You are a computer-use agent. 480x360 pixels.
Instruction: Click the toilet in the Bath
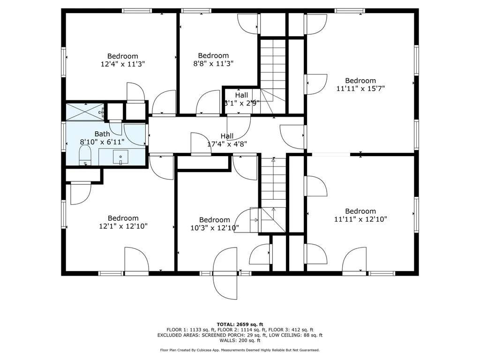click(x=85, y=155)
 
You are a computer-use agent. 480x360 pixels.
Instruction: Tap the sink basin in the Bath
click(x=120, y=157)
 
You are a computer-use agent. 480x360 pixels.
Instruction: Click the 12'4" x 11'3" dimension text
click(x=123, y=64)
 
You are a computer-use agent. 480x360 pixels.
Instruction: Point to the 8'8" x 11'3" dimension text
click(x=213, y=63)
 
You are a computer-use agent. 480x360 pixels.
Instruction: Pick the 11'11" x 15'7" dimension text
click(x=360, y=89)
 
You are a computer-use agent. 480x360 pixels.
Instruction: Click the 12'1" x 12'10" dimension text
click(x=123, y=226)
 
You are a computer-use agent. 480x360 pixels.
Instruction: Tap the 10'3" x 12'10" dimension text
click(x=215, y=228)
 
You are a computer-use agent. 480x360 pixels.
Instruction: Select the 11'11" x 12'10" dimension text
click(x=360, y=219)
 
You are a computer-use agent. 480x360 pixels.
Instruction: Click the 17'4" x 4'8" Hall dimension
click(x=227, y=144)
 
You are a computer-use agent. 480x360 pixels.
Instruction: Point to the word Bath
click(x=102, y=134)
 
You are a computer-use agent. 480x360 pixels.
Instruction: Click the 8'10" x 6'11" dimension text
click(x=102, y=142)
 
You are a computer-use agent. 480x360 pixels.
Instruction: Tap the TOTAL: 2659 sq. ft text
click(x=240, y=324)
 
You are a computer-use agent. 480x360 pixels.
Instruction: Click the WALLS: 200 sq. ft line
click(x=240, y=340)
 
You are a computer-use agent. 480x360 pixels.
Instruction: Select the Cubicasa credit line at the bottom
click(x=240, y=350)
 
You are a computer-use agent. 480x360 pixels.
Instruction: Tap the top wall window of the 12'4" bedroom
click(x=137, y=11)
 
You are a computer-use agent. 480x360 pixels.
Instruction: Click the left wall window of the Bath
click(x=64, y=136)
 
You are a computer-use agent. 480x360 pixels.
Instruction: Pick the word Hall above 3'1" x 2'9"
click(x=241, y=95)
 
